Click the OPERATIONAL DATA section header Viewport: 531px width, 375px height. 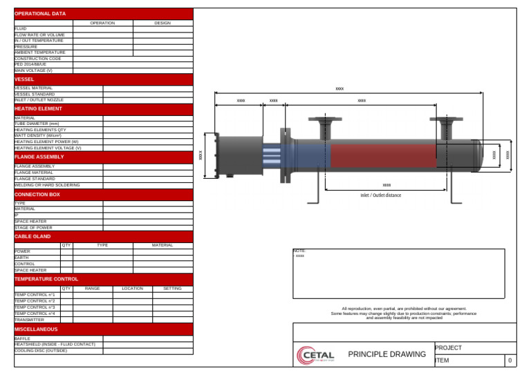(x=40, y=14)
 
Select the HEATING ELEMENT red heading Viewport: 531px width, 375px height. (x=38, y=108)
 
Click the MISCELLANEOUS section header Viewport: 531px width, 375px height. (x=36, y=329)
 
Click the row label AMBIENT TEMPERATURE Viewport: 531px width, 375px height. (x=40, y=52)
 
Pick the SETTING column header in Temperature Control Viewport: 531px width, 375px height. (x=172, y=288)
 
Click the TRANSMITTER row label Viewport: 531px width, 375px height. (x=29, y=320)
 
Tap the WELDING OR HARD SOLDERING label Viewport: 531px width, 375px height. (x=47, y=185)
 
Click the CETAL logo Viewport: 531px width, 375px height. (x=315, y=356)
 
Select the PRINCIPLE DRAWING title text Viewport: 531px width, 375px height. (x=386, y=354)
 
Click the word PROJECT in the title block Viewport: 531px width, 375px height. (x=448, y=348)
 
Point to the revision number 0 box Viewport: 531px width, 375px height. (x=510, y=360)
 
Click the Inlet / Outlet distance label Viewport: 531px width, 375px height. (x=380, y=195)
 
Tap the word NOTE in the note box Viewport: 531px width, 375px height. (x=299, y=251)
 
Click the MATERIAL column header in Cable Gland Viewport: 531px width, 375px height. (x=162, y=245)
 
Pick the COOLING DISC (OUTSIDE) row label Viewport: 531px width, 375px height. (x=41, y=350)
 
